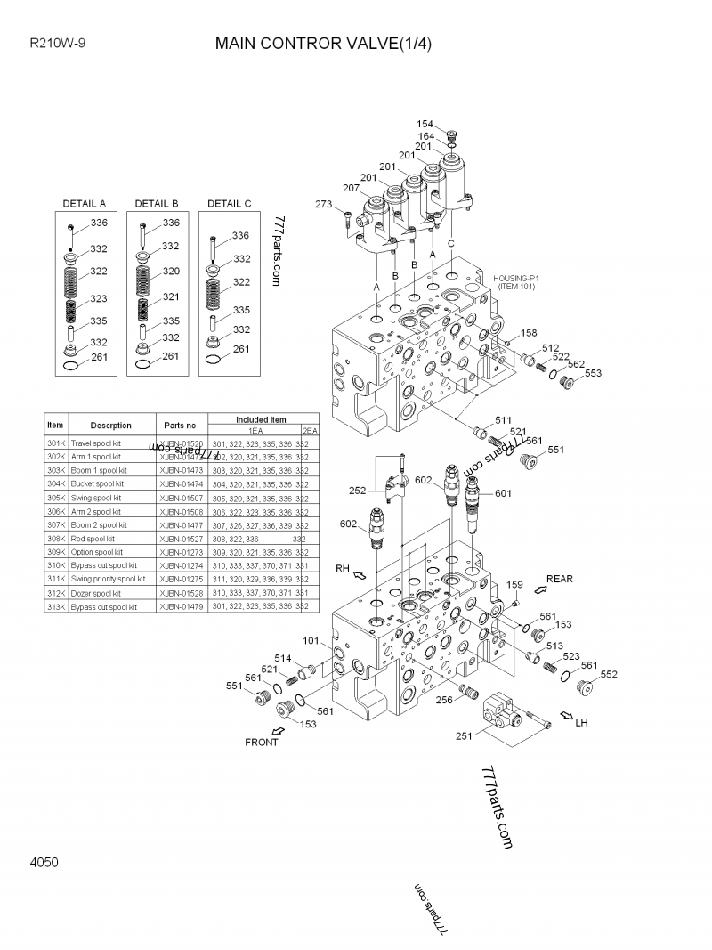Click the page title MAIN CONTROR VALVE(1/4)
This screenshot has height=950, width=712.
tap(323, 45)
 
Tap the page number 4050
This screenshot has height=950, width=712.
tap(44, 862)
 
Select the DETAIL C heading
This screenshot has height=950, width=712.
tap(229, 204)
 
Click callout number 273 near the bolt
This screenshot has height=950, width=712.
tap(324, 205)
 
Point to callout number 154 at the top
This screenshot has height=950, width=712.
tap(425, 124)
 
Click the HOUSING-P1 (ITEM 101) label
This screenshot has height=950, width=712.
tap(516, 282)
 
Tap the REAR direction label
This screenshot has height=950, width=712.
tap(560, 579)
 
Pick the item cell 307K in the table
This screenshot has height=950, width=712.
tap(55, 525)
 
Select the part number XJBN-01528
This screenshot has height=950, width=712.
tap(182, 593)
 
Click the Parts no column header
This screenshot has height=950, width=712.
tap(182, 426)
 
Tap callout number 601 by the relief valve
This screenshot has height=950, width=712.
tap(503, 493)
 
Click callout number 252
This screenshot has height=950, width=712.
tap(358, 491)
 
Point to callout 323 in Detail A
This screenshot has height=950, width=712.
tap(98, 299)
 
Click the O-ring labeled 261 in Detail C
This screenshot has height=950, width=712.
tap(214, 359)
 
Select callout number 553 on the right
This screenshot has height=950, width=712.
tap(593, 373)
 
